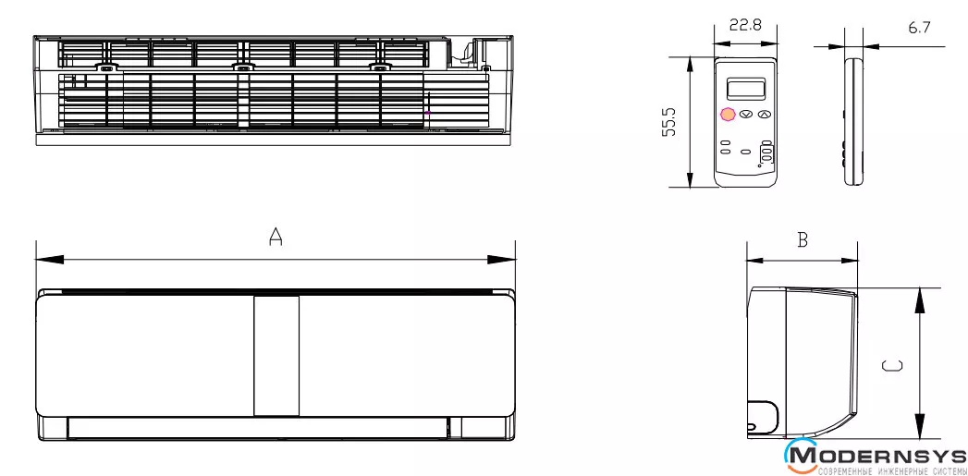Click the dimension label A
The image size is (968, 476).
coord(276,237)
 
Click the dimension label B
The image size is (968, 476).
coord(803,239)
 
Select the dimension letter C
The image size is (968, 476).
coord(892,365)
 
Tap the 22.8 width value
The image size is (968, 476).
coord(745,25)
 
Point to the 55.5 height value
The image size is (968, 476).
coord(669,122)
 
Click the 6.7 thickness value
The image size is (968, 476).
coord(919,27)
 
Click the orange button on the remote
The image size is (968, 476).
coord(728,115)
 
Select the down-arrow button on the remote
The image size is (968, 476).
coord(746,115)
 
